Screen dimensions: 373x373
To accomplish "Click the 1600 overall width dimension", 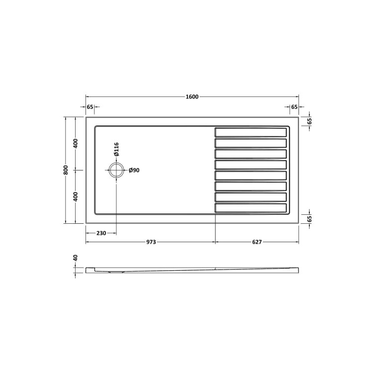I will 192,96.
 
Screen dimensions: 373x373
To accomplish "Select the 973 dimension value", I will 151,242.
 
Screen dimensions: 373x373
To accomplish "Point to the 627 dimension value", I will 257,242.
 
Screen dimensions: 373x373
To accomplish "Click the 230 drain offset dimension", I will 101,232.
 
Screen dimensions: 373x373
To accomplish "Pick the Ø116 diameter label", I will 116,149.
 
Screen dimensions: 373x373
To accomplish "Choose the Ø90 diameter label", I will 134,171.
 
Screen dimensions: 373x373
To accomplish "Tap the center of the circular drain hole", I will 116,170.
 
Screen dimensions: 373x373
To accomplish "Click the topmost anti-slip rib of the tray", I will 251,132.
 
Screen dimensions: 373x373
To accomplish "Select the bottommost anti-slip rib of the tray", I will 251,208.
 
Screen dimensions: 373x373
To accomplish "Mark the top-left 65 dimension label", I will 90,107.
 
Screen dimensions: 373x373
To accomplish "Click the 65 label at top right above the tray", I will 294,107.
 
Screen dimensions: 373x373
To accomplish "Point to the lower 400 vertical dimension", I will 76,197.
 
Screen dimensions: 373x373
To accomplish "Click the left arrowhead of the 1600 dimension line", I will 88,96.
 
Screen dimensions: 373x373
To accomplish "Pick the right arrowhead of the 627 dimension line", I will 297,242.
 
